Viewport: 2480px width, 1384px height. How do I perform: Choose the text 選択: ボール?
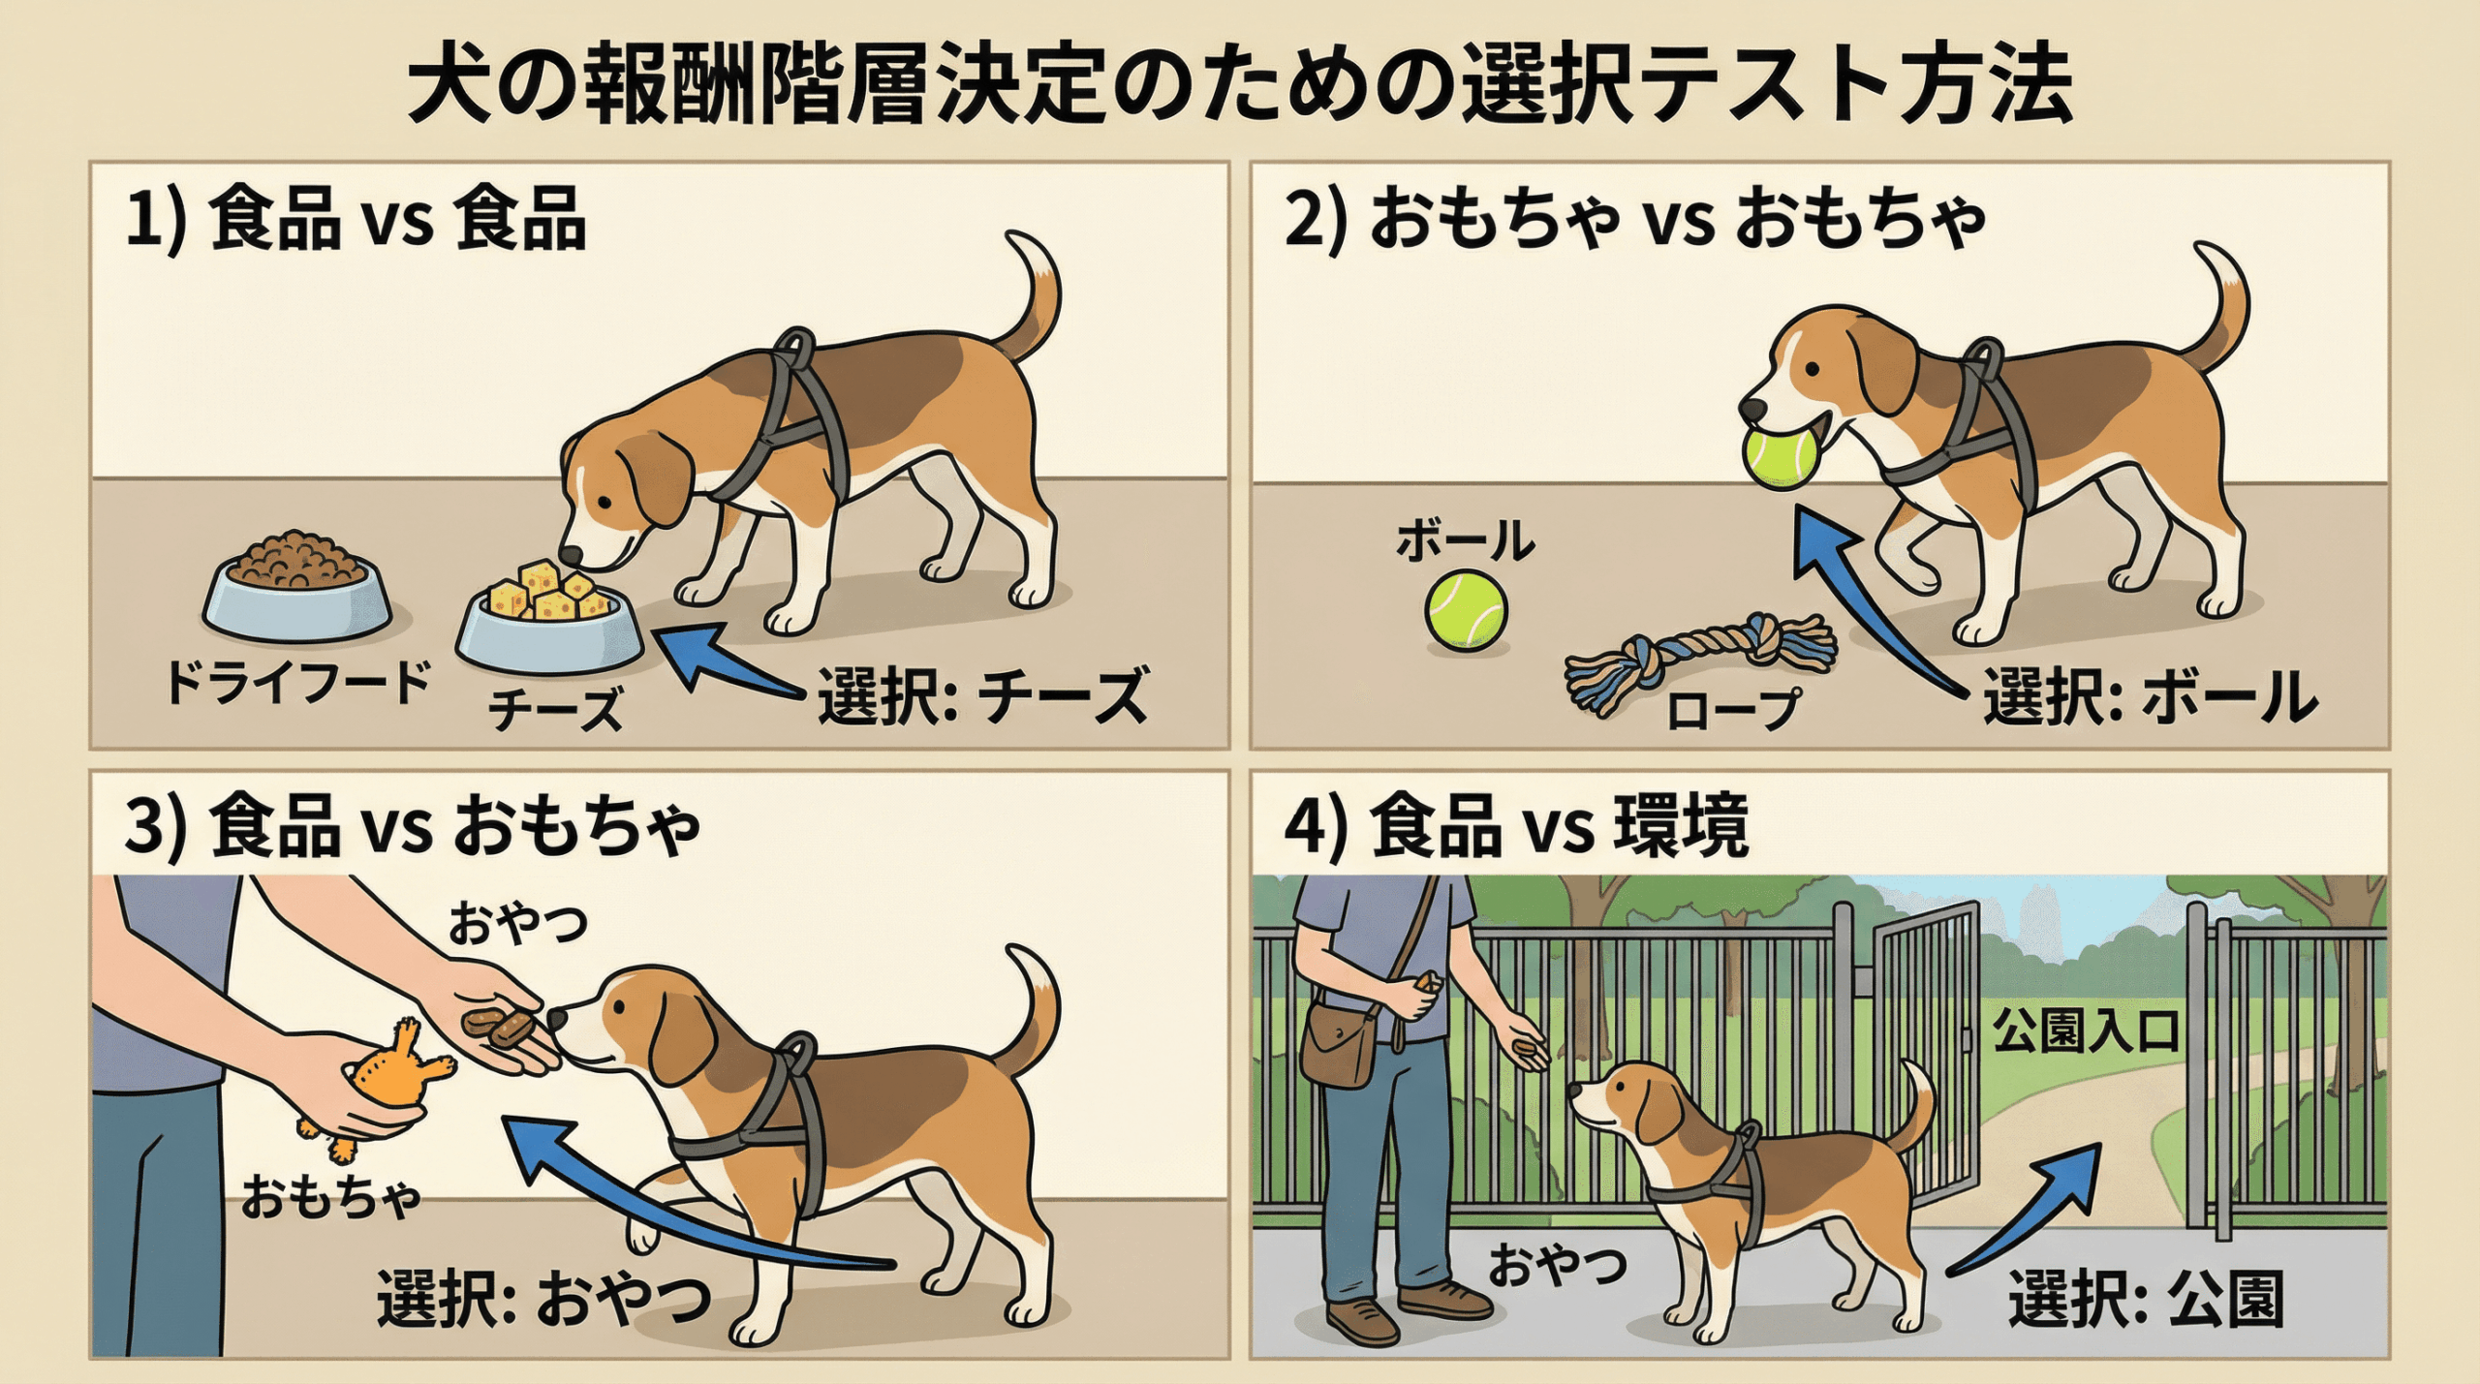(2151, 697)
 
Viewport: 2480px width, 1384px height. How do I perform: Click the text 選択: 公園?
(2146, 1300)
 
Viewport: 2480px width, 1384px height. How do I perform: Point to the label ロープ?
(1733, 709)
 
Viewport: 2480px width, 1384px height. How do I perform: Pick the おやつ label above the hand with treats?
(517, 925)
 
